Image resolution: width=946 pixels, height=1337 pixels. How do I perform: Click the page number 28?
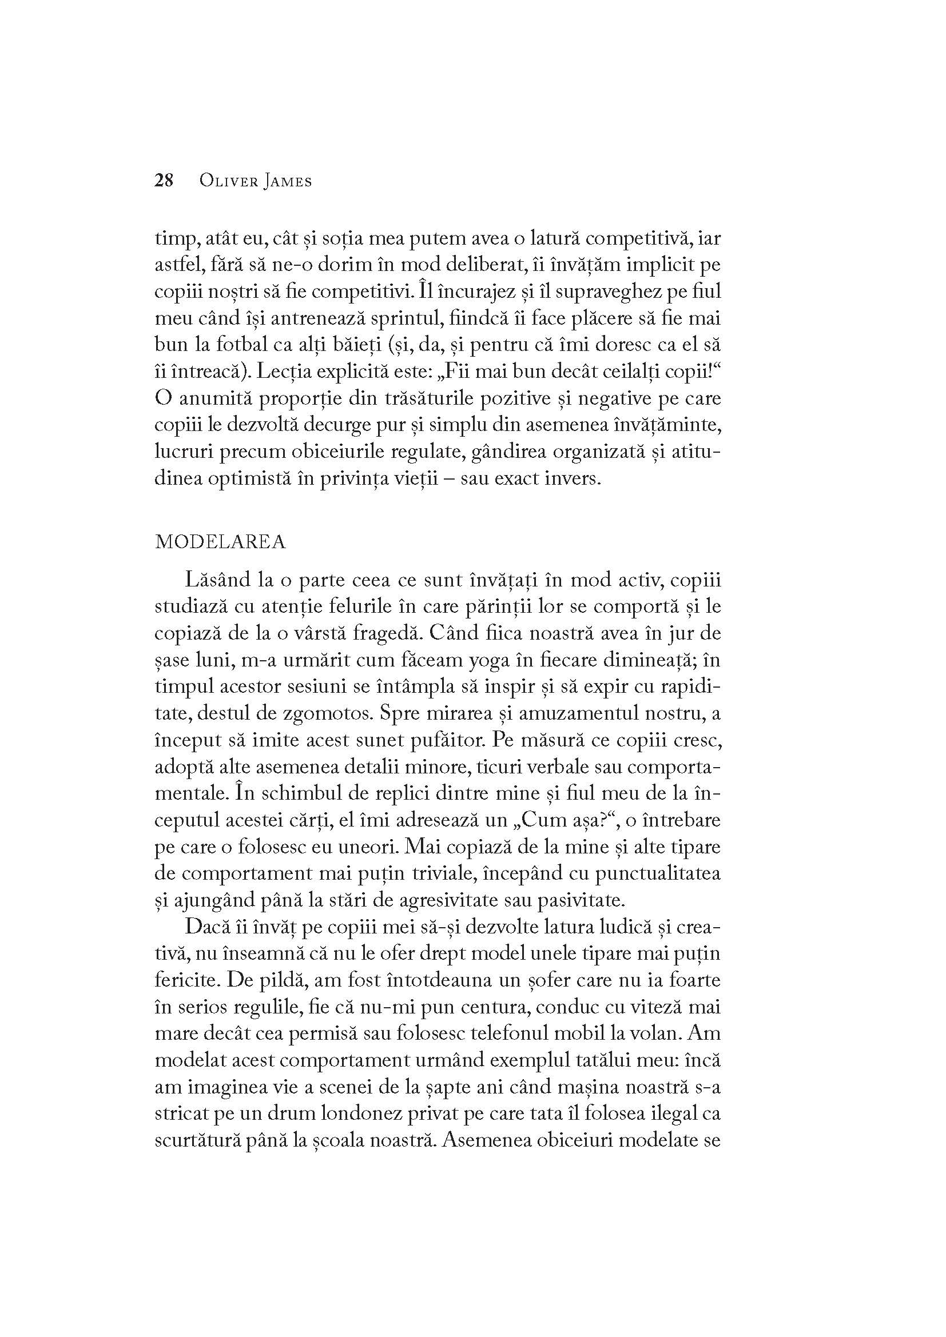pyautogui.click(x=164, y=181)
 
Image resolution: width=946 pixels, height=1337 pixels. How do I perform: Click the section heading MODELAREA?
pyautogui.click(x=220, y=542)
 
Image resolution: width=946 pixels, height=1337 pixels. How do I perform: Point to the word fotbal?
pyautogui.click(x=230, y=345)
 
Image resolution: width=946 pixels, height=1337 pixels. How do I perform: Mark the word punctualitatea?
pyautogui.click(x=658, y=873)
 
